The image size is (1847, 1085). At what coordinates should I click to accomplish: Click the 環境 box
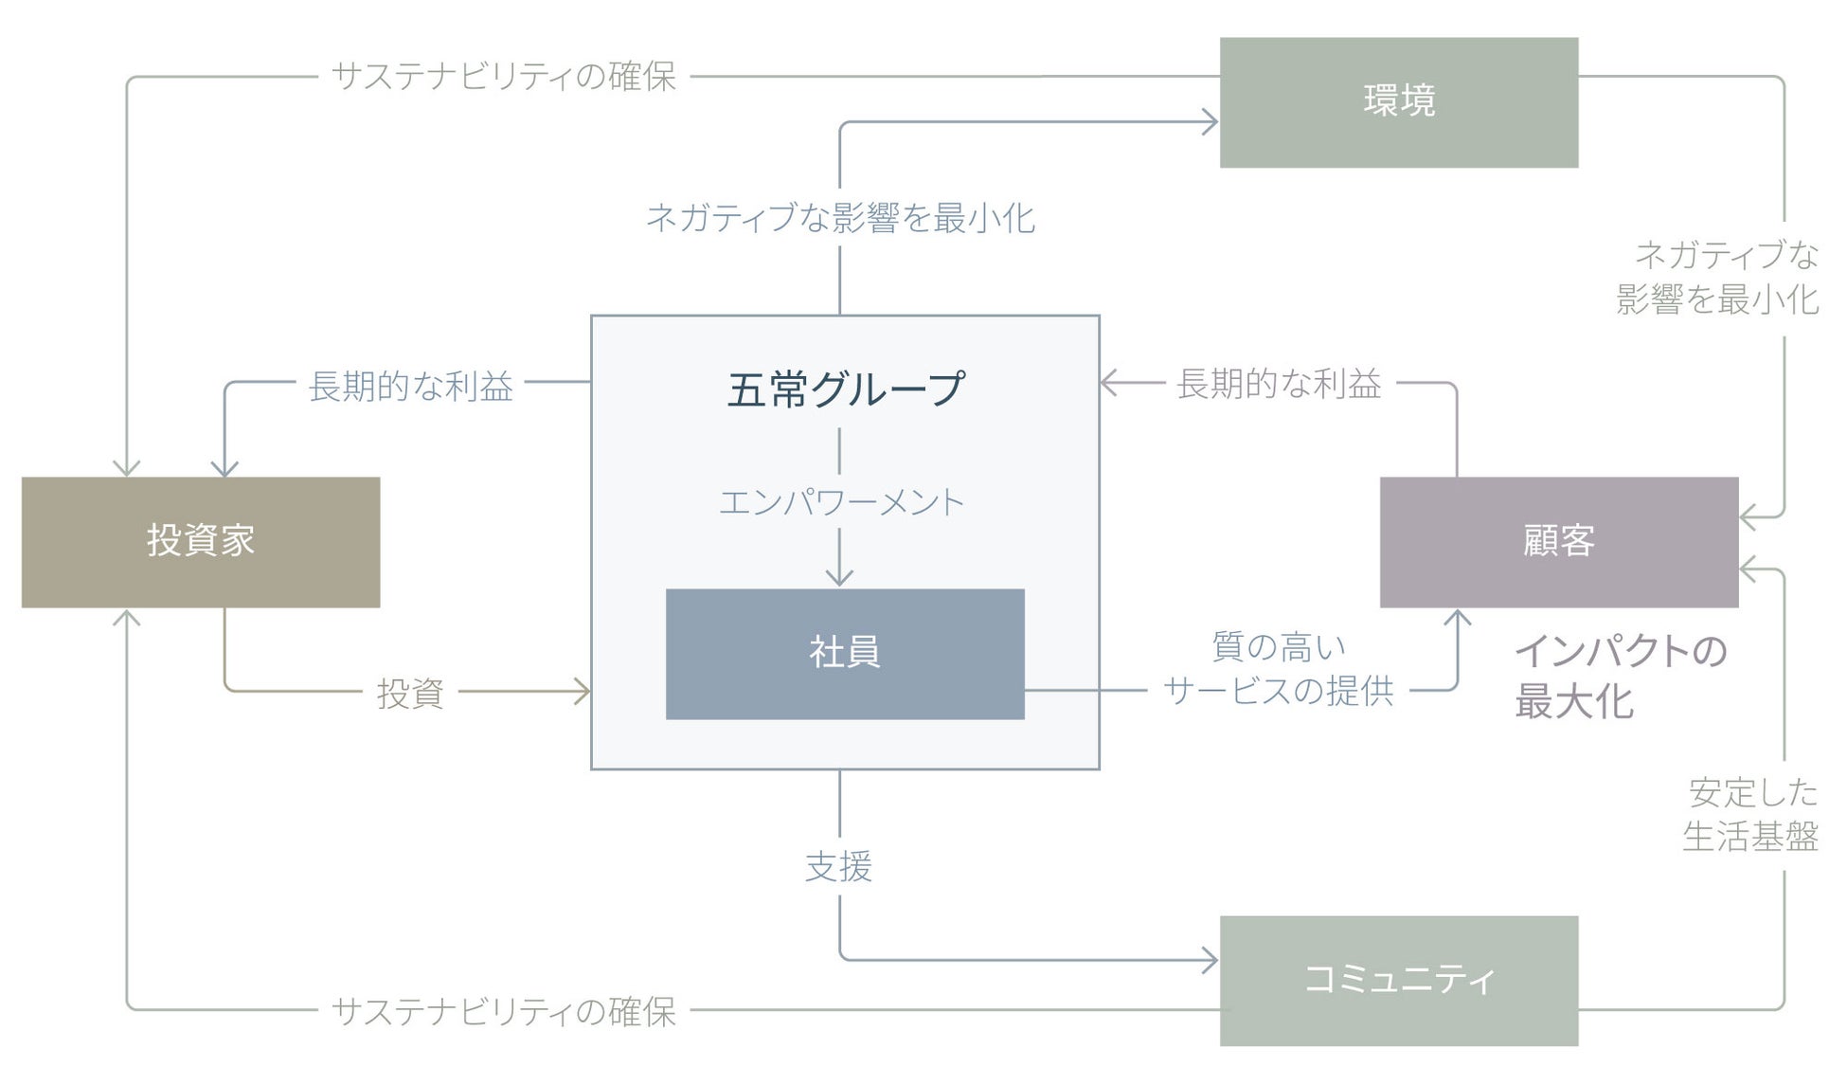point(1398,102)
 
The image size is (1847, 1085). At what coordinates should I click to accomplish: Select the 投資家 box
point(201,542)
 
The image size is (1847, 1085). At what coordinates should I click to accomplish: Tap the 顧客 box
point(1558,542)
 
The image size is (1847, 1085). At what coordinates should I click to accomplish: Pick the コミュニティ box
point(1398,980)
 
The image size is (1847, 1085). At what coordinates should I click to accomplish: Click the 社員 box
point(845,654)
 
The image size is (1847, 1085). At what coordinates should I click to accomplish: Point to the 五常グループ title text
point(845,389)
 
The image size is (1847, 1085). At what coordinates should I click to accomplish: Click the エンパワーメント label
point(841,502)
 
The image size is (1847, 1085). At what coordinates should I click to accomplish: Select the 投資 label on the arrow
point(410,693)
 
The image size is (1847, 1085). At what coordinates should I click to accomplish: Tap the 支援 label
point(839,866)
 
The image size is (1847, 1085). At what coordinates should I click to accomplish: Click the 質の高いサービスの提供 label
point(1279,670)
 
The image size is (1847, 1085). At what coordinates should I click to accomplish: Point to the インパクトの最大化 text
point(1620,677)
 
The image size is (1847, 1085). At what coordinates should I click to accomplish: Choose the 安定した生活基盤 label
point(1751,814)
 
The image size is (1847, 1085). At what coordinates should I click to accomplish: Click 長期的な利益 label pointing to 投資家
point(410,386)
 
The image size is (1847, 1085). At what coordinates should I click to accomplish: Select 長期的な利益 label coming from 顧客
point(1279,384)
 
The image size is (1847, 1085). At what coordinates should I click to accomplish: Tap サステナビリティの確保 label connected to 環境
point(504,77)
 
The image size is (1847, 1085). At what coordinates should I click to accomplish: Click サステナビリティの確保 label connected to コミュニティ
point(504,1011)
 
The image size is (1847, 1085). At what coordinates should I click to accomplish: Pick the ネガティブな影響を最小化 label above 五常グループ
point(840,219)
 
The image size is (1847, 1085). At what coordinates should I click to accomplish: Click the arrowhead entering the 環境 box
point(1210,122)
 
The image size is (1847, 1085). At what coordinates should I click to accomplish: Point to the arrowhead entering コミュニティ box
point(1210,961)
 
